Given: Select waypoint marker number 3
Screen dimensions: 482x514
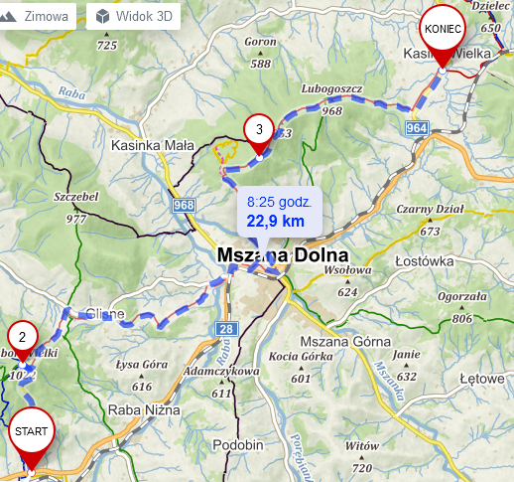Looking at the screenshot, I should point(258,129).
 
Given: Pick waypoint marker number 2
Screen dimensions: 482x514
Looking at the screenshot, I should point(22,335).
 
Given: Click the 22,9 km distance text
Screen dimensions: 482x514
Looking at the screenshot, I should point(276,221).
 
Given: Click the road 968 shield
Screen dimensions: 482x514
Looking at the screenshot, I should point(183,205).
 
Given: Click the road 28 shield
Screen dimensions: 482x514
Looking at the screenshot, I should point(226,329).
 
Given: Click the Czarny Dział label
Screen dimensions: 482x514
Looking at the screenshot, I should point(430,209).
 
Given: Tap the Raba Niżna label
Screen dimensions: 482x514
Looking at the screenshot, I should point(147,408).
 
